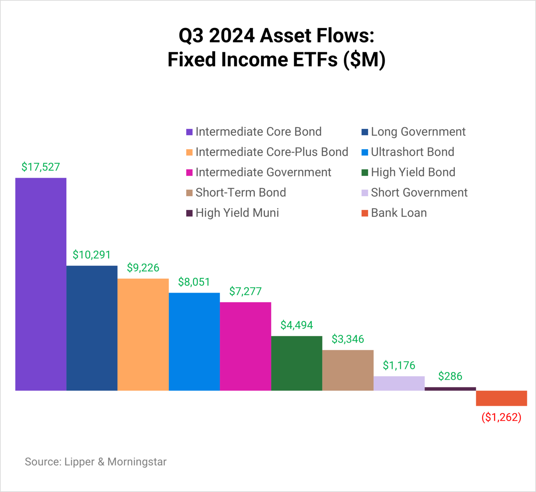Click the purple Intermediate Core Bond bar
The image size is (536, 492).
click(x=41, y=284)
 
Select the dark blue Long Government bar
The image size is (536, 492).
click(x=92, y=328)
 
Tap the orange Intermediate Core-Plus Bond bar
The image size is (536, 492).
click(x=143, y=334)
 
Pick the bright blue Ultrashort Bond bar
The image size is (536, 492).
click(x=194, y=342)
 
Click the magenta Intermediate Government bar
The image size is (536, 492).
click(x=245, y=346)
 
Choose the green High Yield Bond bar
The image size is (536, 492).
click(x=297, y=363)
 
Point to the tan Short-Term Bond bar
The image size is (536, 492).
click(x=348, y=370)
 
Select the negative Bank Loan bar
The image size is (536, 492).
click(x=501, y=398)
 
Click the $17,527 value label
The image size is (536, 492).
click(x=41, y=167)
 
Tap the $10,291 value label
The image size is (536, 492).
click(x=91, y=255)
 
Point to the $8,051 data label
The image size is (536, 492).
click(x=194, y=282)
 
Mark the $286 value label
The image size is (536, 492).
click(x=450, y=376)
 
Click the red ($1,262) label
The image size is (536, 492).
click(x=501, y=417)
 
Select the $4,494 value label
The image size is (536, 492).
click(x=297, y=325)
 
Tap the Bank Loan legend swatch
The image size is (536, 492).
click(x=365, y=213)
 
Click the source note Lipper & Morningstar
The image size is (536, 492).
click(x=96, y=462)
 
